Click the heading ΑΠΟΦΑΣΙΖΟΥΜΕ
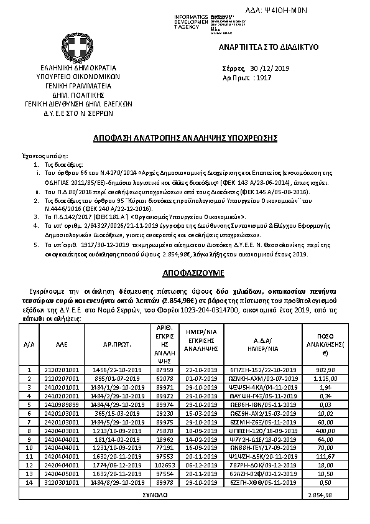coord(185,273)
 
